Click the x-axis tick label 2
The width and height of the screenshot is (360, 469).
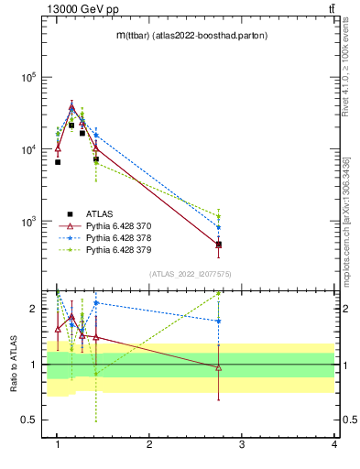point(150,444)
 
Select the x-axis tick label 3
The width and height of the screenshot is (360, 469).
point(242,444)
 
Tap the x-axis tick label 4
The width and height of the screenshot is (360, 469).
point(333,444)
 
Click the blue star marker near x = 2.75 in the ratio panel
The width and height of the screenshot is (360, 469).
point(218,322)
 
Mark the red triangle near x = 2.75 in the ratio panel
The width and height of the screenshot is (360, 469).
point(218,368)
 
